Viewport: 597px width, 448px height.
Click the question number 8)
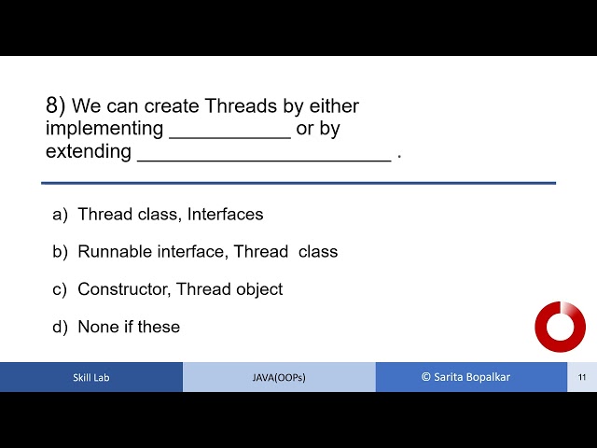pyautogui.click(x=56, y=105)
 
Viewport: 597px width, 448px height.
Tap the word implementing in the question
pyautogui.click(x=104, y=130)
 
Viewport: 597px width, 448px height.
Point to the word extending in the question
pyautogui.click(x=89, y=152)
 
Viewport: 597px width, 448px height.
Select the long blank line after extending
pyautogui.click(x=264, y=159)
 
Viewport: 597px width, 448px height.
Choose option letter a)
pyautogui.click(x=61, y=215)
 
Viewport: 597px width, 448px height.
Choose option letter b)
pyautogui.click(x=61, y=252)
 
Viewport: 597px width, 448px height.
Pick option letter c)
pyautogui.click(x=61, y=289)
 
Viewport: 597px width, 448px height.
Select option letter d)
pyautogui.click(x=61, y=327)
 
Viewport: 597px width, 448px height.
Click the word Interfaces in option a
pyautogui.click(x=225, y=215)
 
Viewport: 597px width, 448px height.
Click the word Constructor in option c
pyautogui.click(x=123, y=289)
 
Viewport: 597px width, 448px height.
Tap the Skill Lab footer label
pyautogui.click(x=90, y=378)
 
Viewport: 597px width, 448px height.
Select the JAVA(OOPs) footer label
pyautogui.click(x=279, y=378)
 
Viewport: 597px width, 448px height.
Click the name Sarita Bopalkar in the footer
pyautogui.click(x=472, y=377)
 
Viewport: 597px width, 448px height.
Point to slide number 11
pyautogui.click(x=582, y=378)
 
